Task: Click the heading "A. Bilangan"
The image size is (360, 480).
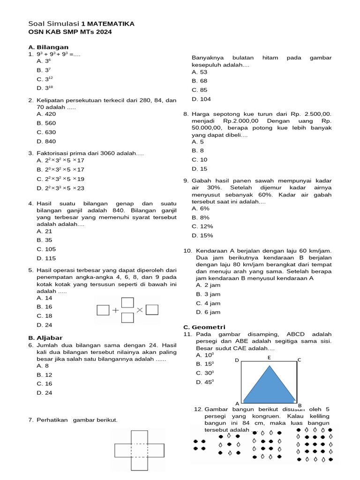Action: coord(48,47)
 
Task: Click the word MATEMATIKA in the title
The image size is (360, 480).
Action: coord(111,23)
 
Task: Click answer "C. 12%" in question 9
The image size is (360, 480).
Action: coord(202,226)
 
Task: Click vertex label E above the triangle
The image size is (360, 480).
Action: coord(269,358)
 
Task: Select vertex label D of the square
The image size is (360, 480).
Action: coord(237,360)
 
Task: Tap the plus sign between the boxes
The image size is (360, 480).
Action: coord(115,310)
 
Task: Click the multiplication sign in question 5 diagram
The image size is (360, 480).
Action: coord(140,310)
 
